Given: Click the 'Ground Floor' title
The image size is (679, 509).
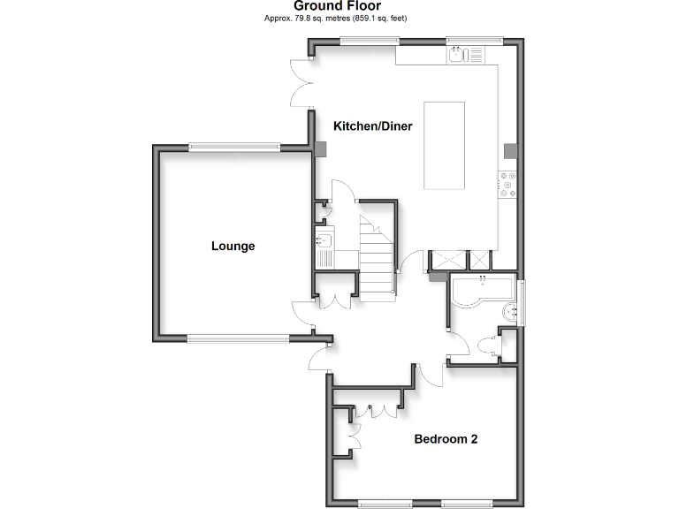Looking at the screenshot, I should coord(338,6).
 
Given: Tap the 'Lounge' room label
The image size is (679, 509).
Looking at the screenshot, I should coord(233,246).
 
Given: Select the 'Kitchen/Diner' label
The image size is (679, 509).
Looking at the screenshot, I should coord(372,126).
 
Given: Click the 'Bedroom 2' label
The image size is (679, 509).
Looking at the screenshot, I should coord(446,438).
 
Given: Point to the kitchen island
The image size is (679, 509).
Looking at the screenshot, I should coord(445,145).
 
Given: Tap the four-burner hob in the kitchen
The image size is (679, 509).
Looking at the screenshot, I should coord(509,183).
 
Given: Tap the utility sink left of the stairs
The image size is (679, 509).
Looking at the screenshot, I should coord(323,240).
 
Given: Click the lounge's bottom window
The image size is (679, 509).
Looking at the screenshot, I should coord(238,338).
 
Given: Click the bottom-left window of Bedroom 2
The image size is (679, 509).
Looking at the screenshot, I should coord(385,504).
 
